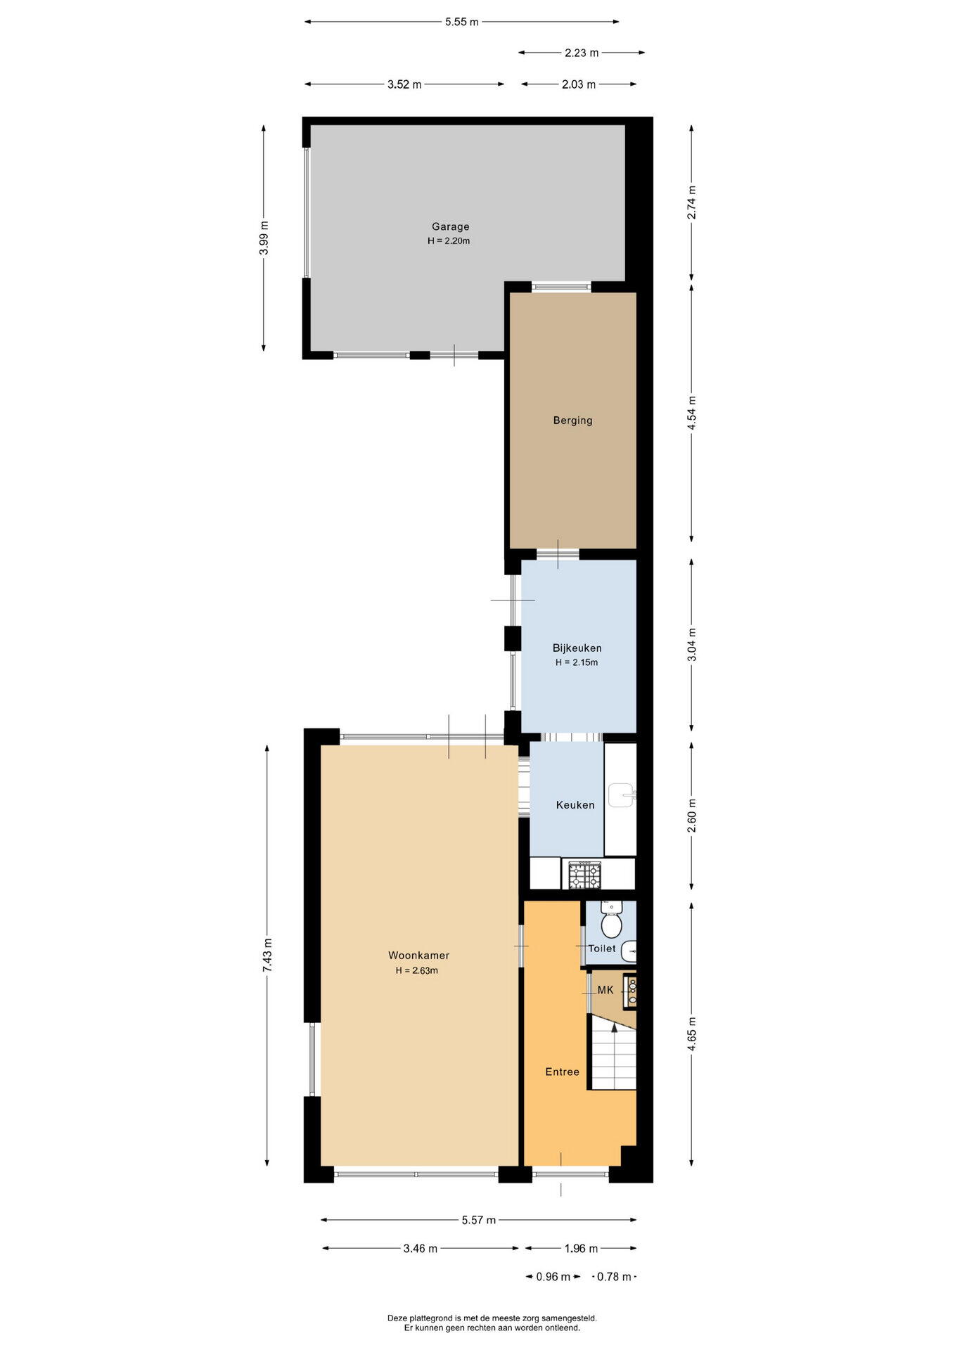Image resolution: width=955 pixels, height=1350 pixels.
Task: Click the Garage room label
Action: tap(450, 226)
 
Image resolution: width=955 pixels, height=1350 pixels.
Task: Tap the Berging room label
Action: tap(572, 420)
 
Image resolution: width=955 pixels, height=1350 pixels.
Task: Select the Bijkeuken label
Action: tap(577, 648)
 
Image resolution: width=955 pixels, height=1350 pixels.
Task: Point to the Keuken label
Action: tap(575, 805)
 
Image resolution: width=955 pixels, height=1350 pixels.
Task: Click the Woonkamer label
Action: tap(418, 956)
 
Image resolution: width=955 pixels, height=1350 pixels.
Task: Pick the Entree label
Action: tap(563, 1072)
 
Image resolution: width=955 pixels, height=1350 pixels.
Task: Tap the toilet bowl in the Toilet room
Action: tap(611, 921)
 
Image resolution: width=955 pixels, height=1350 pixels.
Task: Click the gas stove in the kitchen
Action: tap(584, 875)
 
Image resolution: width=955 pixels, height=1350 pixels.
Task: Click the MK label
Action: tap(605, 990)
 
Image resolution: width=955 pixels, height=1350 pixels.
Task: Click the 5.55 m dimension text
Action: tap(461, 22)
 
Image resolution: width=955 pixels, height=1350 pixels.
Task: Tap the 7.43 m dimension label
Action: tap(267, 956)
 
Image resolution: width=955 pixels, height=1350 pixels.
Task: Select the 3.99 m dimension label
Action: tap(264, 238)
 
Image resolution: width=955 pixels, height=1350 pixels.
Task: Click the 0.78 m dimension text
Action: tap(614, 1277)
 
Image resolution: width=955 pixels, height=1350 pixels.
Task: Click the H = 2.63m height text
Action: tap(416, 971)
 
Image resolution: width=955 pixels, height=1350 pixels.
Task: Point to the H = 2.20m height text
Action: tap(449, 241)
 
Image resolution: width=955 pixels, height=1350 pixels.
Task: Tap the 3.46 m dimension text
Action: tap(421, 1249)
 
